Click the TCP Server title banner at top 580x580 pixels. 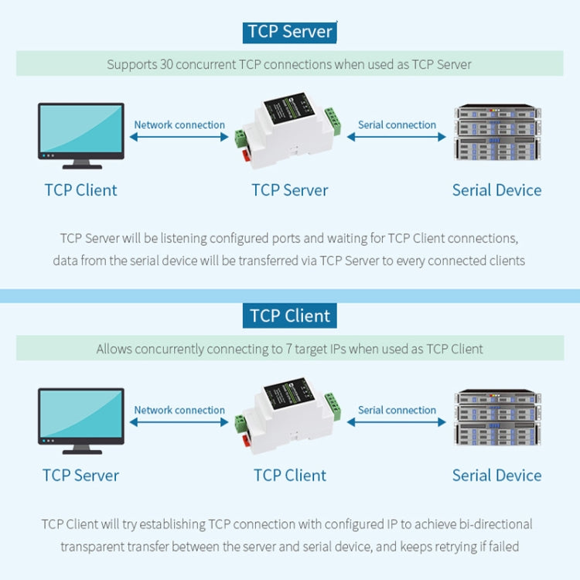(290, 32)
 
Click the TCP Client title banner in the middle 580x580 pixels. (290, 316)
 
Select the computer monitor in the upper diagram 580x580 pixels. (80, 136)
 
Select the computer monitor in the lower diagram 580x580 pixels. (80, 421)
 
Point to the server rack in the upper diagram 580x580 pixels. (496, 133)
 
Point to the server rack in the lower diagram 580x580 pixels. (496, 418)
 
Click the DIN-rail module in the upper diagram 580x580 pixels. (288, 134)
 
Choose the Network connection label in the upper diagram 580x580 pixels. (179, 125)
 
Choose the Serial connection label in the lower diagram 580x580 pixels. (397, 410)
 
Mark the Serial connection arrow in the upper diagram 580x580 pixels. (397, 137)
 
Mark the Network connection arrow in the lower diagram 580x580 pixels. (179, 422)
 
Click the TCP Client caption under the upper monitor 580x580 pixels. (80, 190)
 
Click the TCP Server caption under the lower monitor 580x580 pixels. (80, 475)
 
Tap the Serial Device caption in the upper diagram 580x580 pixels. (496, 190)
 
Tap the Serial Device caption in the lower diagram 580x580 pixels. (496, 475)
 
